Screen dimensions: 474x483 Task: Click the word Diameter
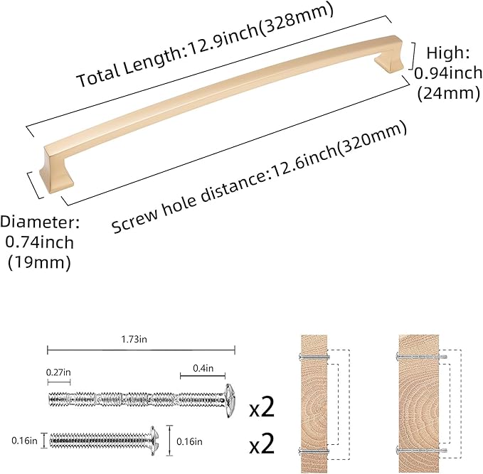(40, 222)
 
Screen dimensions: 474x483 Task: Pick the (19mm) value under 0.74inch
(40, 262)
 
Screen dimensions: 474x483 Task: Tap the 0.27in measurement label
(59, 371)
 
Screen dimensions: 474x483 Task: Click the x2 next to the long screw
(261, 408)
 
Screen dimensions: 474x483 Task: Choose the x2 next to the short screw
(261, 445)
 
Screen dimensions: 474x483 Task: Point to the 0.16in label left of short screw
(25, 441)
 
